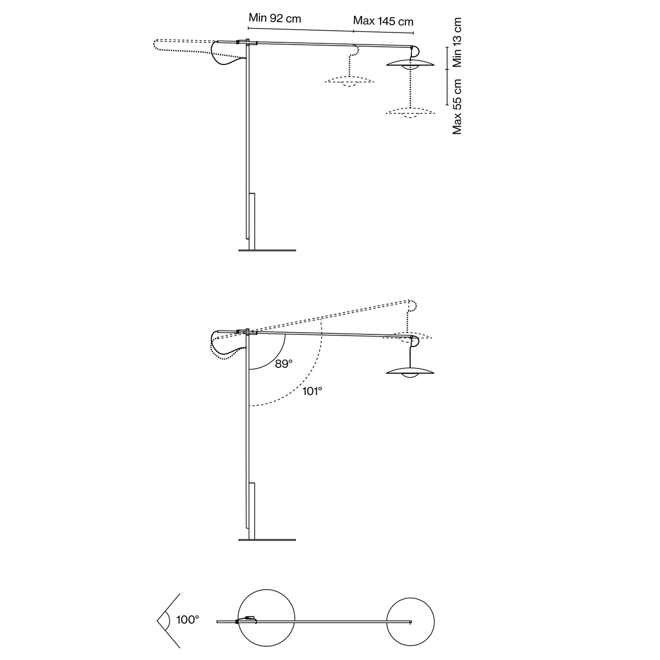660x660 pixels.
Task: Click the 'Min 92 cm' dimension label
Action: click(x=274, y=18)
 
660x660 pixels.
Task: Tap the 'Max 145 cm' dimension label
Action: click(x=383, y=21)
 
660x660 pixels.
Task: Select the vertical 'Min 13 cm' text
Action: click(x=457, y=42)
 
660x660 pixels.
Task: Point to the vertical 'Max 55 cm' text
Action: click(x=457, y=107)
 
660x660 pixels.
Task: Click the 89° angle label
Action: click(x=284, y=364)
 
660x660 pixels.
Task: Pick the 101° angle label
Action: click(x=312, y=391)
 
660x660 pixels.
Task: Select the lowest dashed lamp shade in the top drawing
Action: click(x=410, y=113)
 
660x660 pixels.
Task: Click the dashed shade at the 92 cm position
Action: click(x=349, y=81)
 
